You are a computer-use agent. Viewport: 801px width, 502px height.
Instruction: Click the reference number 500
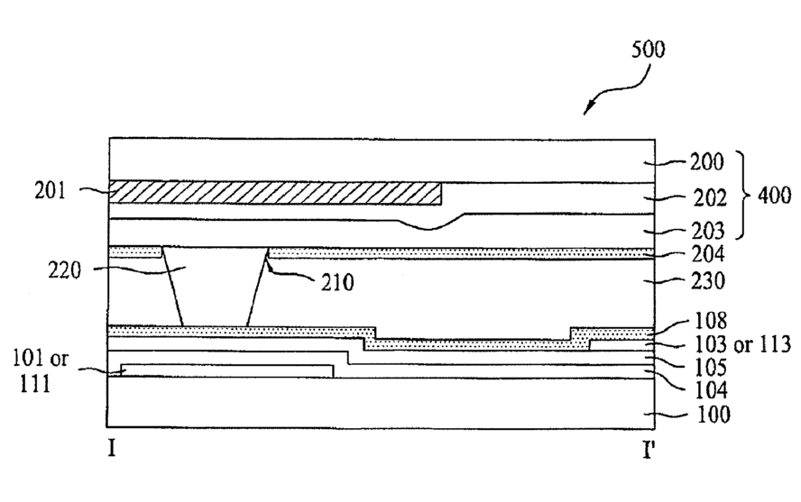[648, 49]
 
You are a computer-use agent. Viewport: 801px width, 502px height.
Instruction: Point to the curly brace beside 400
[745, 195]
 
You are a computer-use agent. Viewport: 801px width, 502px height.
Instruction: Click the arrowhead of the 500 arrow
[585, 113]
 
